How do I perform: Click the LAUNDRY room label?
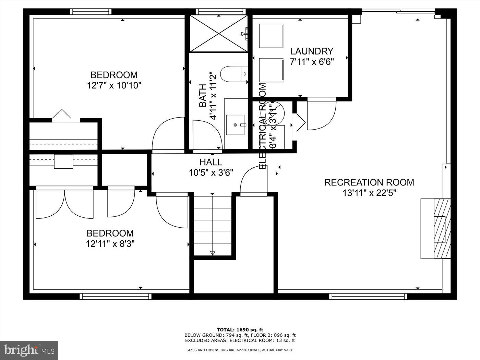tap(312, 51)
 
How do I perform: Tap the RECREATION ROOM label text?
tap(369, 182)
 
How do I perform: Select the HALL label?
tap(211, 162)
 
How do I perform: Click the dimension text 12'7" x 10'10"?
tap(114, 85)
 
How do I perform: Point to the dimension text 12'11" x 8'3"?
tap(110, 244)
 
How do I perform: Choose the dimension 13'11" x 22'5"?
tap(369, 193)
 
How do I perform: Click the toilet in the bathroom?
tap(234, 74)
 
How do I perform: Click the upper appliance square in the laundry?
tap(271, 36)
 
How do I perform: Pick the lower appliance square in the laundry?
tap(271, 70)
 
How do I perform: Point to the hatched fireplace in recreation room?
tap(442, 228)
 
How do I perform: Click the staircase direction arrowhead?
tap(212, 253)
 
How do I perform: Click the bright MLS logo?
tap(29, 350)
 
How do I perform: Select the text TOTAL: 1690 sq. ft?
tap(240, 330)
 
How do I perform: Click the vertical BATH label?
tap(203, 95)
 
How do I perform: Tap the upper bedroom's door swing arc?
tap(168, 134)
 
